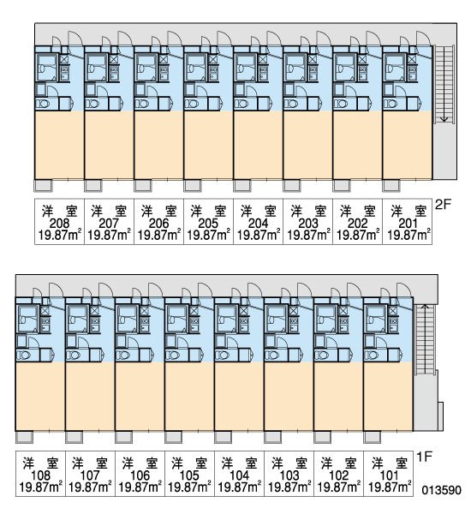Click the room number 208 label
pos(59,224)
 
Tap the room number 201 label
pos(408,224)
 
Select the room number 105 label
pos(189,475)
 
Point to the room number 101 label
pos(389,475)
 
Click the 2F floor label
pos(443,205)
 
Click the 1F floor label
pos(425,457)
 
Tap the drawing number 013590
pos(441,490)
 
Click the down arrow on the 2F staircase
pos(444,84)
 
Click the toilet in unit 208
pos(43,104)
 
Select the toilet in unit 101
pos(372,355)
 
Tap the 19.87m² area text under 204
pos(259,235)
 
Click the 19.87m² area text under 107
pos(90,487)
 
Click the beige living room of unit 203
pos(307,146)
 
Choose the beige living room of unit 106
pos(140,397)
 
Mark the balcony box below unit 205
pos(193,186)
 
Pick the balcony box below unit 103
pos(272,437)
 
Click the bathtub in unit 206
pos(146,68)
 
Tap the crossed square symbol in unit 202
pos(362,59)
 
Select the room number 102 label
pos(338,475)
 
